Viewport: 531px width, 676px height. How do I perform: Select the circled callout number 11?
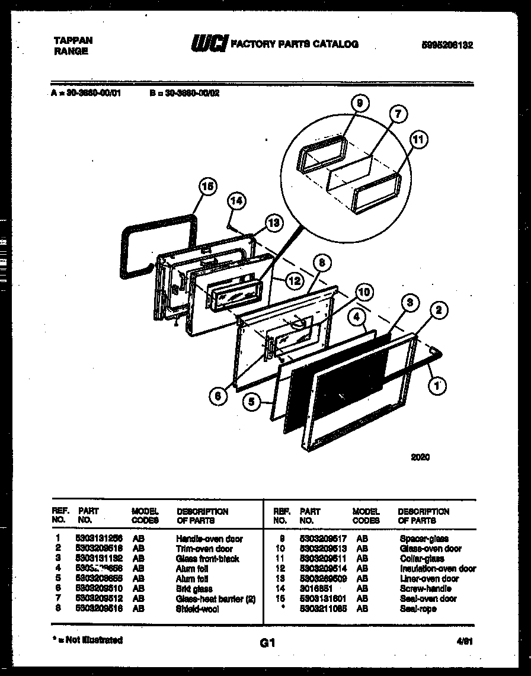[418, 140]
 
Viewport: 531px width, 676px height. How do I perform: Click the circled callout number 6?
[218, 398]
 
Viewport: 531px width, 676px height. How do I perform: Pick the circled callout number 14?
[237, 201]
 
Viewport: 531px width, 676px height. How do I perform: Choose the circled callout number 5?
[252, 402]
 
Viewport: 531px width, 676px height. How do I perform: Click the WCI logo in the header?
[208, 44]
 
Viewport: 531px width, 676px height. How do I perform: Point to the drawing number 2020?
[420, 457]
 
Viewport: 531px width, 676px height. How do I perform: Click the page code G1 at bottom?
[267, 642]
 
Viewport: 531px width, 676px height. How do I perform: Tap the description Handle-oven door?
[209, 539]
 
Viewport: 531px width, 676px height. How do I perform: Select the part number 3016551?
[316, 588]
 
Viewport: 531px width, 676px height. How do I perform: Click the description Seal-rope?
[418, 608]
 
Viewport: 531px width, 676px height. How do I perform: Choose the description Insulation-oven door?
[437, 569]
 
